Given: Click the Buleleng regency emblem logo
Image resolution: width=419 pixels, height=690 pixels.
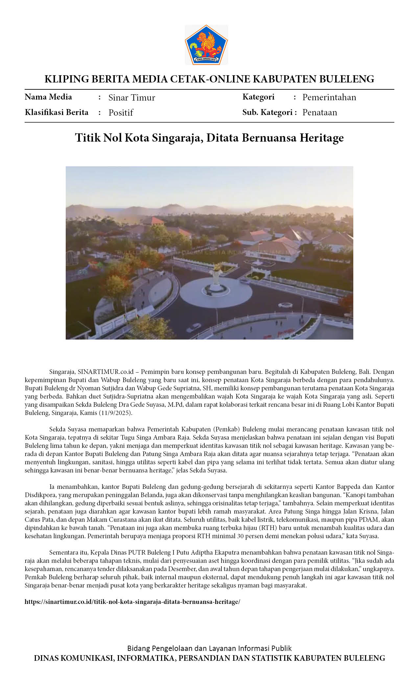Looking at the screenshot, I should [206, 45].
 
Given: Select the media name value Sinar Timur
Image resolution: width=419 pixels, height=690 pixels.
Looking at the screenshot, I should [132, 98].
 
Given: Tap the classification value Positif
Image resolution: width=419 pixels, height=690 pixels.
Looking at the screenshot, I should [121, 113].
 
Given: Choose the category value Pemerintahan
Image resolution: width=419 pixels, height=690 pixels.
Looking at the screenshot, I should [329, 97].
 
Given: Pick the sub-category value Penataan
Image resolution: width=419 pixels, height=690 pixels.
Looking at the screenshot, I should [320, 112].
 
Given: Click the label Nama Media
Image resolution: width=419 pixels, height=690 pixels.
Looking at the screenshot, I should [48, 97].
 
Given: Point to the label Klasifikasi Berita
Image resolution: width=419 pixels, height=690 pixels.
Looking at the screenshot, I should [57, 112].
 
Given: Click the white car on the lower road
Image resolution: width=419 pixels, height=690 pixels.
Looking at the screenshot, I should [194, 328].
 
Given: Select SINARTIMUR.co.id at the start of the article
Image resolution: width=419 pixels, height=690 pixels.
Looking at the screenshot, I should [105, 372].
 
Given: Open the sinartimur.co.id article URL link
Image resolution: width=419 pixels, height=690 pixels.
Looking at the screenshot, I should [132, 602].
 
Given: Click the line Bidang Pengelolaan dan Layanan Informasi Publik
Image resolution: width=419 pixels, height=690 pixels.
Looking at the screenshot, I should [209, 648].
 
